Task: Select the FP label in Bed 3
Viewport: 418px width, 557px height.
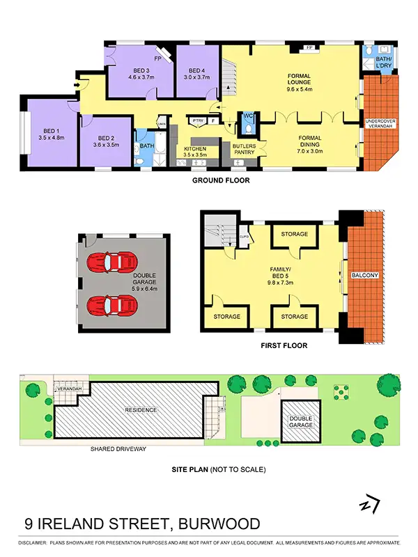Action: click(158, 59)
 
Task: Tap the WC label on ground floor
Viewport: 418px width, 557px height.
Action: click(249, 116)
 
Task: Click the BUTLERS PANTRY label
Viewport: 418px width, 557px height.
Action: click(244, 148)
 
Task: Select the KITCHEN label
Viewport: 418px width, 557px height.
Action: click(195, 149)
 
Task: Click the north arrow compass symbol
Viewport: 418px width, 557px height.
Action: click(370, 503)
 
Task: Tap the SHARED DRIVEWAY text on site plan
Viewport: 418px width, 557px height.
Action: click(118, 449)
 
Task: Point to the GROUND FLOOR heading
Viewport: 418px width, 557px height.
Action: click(220, 180)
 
